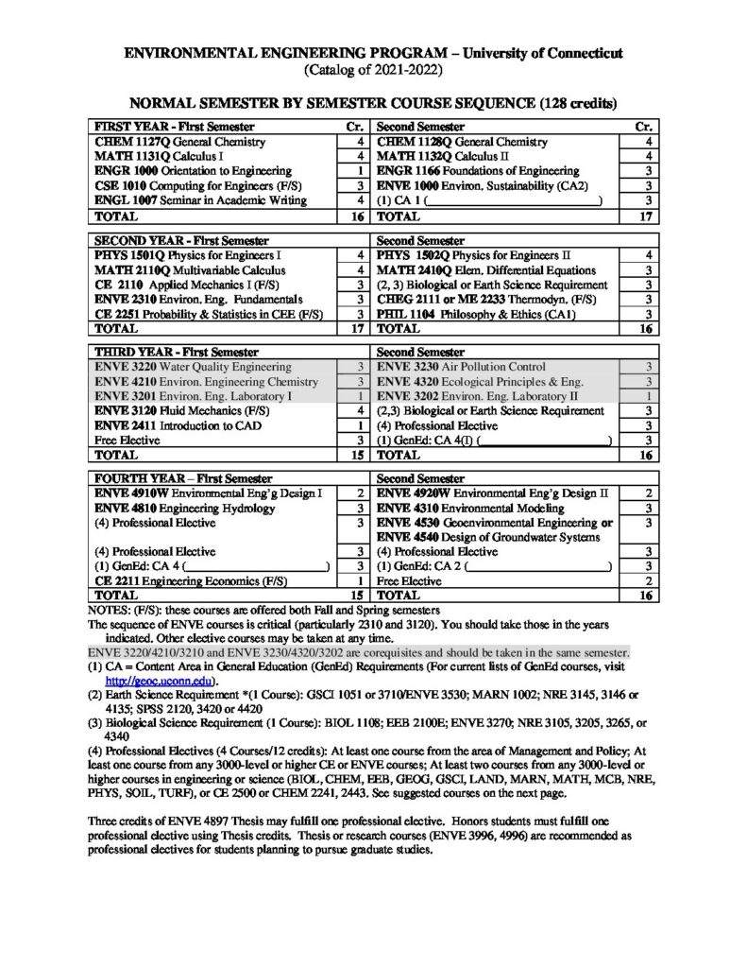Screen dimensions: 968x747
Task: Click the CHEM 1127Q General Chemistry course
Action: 161,141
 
